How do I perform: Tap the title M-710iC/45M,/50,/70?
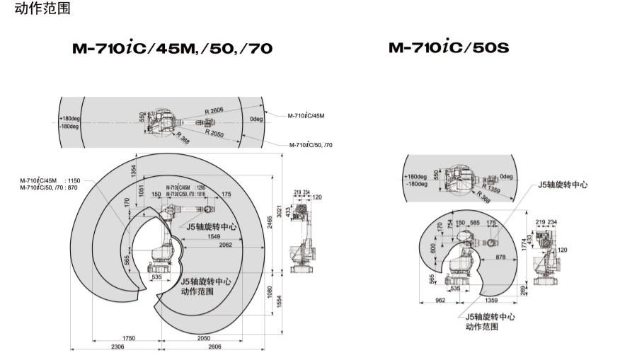[x=172, y=48]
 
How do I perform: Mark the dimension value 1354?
[x=132, y=172]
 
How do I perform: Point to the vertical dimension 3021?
[x=280, y=213]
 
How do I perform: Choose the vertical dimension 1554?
[x=280, y=300]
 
